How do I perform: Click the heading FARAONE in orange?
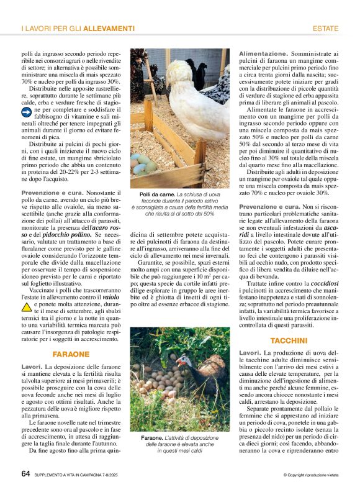(71, 354)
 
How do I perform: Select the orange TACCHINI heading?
(289, 340)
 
